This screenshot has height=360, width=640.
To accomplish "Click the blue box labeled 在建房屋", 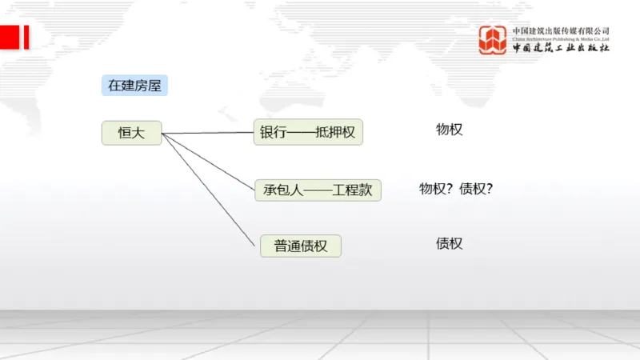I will [x=134, y=86].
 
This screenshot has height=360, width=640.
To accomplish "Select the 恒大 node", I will [x=131, y=133].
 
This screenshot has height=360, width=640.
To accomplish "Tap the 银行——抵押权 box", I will [x=308, y=132].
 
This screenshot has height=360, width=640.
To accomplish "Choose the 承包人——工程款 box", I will [x=318, y=190].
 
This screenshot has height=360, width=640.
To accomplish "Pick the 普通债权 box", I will [x=301, y=246].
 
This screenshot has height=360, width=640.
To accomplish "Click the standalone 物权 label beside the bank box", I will [x=449, y=130].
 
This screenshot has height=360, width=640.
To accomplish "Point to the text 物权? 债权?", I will [x=456, y=190].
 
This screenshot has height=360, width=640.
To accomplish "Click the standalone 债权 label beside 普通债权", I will [x=449, y=243].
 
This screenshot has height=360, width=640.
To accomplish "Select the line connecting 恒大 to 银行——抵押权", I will [x=208, y=133].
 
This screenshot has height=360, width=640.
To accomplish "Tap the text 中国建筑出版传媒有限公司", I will [x=561, y=30].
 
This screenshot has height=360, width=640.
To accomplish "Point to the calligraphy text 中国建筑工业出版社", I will [x=561, y=48].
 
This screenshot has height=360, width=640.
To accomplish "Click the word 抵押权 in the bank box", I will [x=335, y=133].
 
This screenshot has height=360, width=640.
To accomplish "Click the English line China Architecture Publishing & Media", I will [x=561, y=38].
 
